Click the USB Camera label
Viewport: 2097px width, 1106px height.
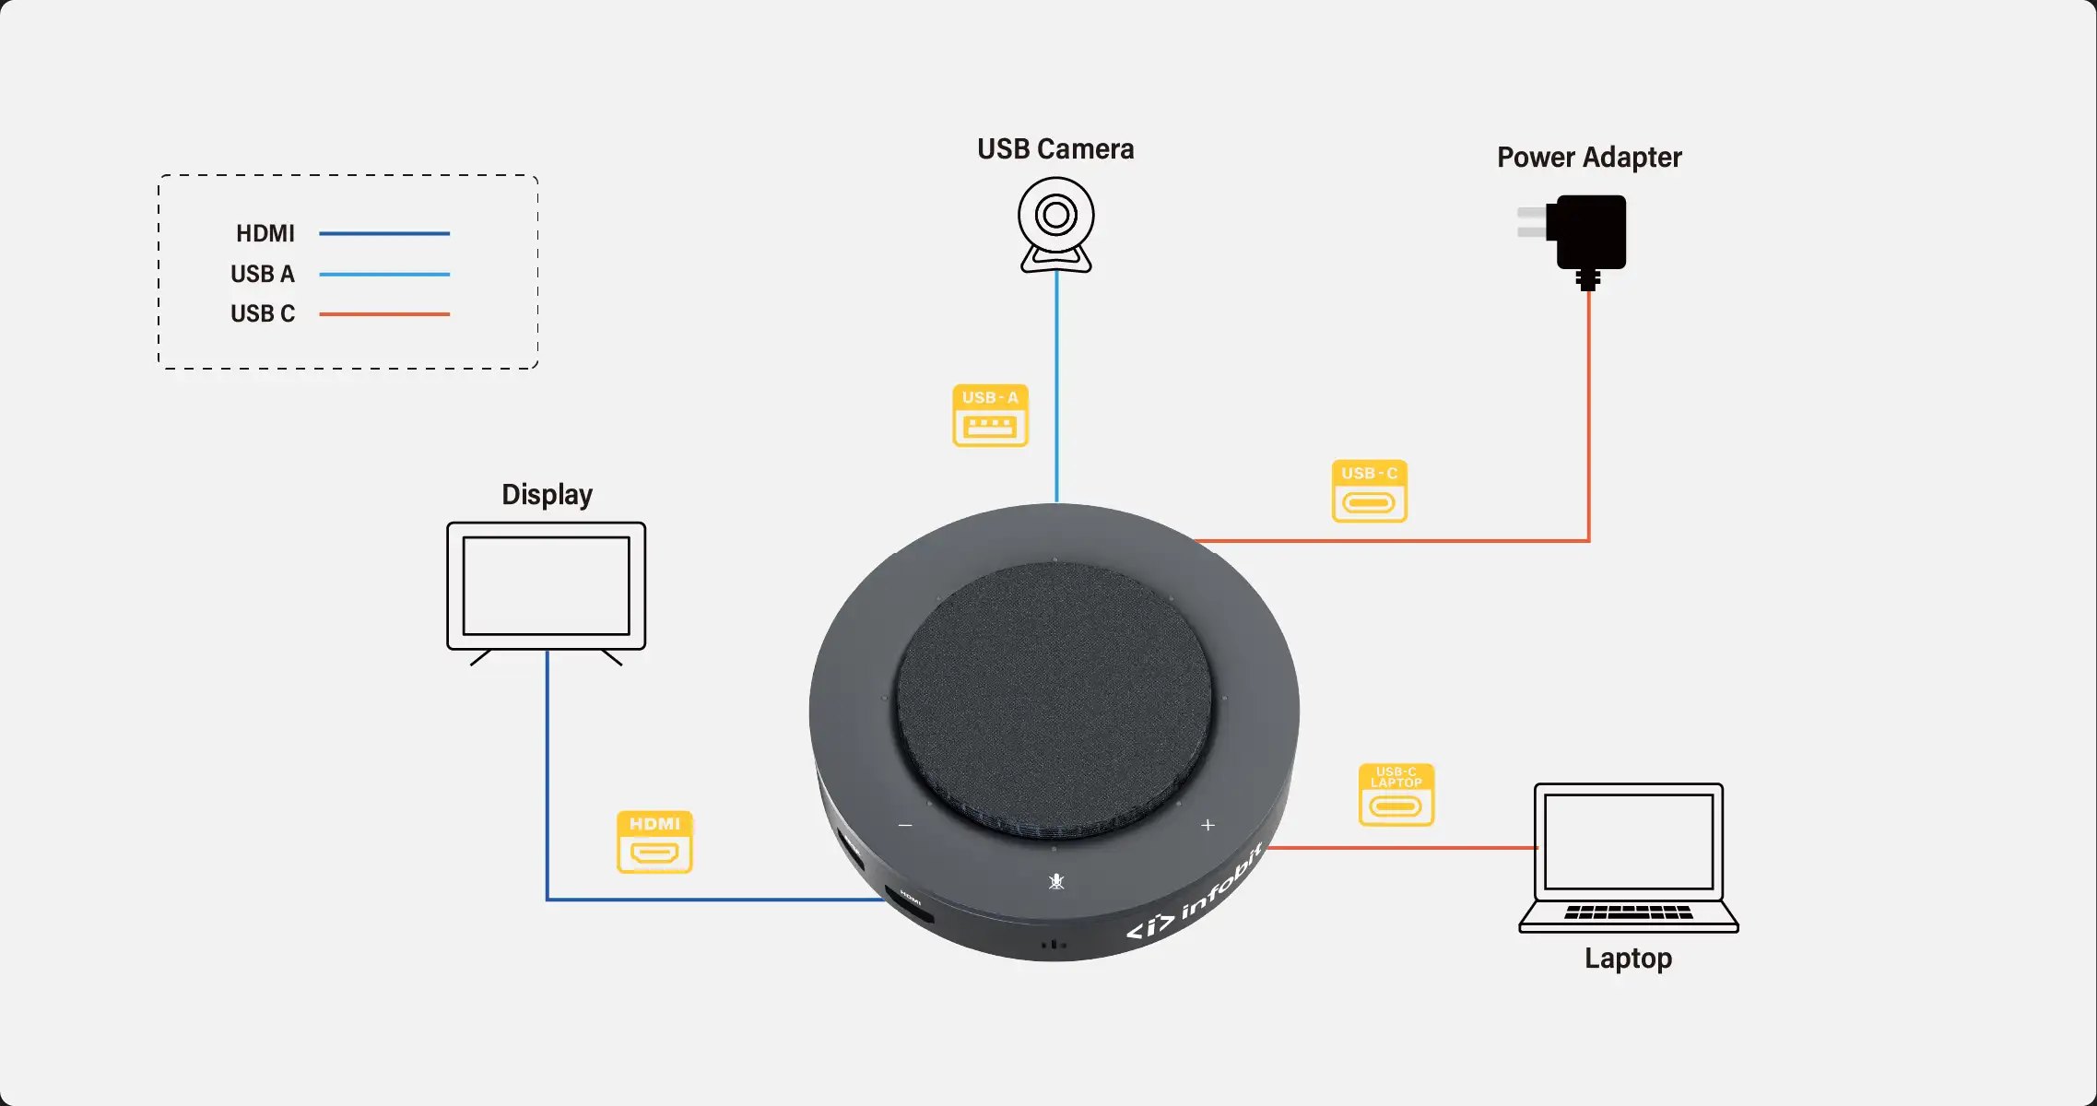(x=1055, y=149)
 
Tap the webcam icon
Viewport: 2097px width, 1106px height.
(x=1056, y=224)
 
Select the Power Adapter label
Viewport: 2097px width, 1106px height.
(x=1589, y=158)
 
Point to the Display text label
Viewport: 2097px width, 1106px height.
(x=547, y=495)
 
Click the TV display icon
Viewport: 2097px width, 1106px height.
(x=547, y=590)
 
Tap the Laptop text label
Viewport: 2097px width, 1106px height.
(x=1628, y=959)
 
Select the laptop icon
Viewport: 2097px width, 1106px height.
(x=1628, y=857)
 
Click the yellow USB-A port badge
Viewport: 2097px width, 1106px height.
(x=990, y=416)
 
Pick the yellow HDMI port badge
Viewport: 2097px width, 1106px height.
(x=654, y=841)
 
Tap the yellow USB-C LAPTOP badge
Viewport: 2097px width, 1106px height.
(x=1396, y=794)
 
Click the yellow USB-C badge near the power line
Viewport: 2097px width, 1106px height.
(x=1369, y=491)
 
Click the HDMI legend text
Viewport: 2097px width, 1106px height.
(x=265, y=234)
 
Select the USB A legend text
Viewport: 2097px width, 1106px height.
(x=263, y=275)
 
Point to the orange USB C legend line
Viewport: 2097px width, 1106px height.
(x=384, y=314)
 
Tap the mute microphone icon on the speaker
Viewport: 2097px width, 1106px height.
(x=1056, y=882)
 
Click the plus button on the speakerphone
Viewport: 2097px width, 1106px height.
(x=1208, y=825)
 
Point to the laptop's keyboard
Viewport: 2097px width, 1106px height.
(x=1628, y=912)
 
